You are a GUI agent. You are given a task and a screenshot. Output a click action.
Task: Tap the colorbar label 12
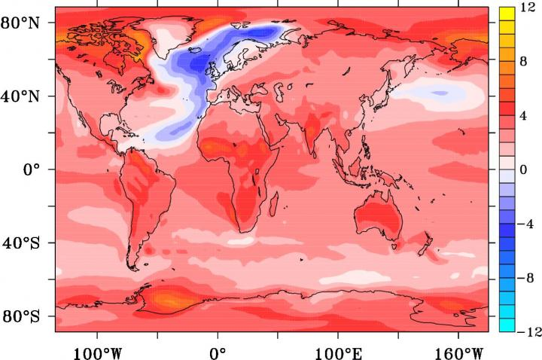[x=528, y=8]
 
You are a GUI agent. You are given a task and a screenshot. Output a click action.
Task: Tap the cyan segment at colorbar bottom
[x=506, y=324]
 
